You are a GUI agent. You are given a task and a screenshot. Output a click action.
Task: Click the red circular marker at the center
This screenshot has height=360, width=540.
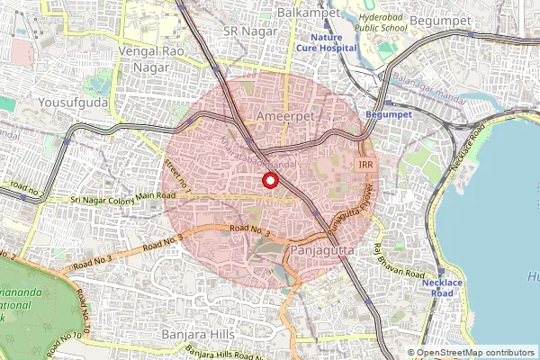pos(269,180)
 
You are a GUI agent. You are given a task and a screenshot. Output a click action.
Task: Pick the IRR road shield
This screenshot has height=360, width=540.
pos(365,166)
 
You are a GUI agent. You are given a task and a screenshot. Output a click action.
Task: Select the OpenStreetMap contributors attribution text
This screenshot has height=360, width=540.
pos(475,353)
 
